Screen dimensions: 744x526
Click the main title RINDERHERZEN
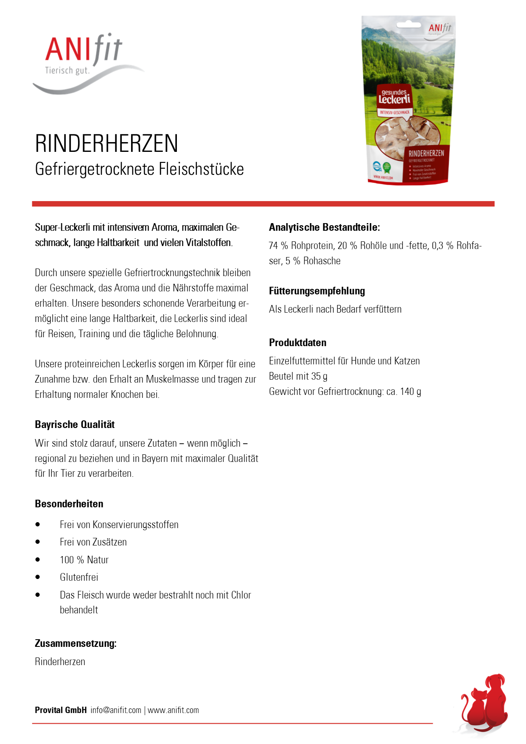pos(106,143)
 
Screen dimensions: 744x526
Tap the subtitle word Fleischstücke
pos(201,169)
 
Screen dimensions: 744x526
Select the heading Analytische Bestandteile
pos(324,227)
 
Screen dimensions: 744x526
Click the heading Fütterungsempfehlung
pos(317,291)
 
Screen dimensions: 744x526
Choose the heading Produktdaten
pos(297,343)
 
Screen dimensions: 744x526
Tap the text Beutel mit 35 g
pos(298,376)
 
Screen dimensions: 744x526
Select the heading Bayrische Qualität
pos(75,425)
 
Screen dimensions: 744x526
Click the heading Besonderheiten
pos(69,504)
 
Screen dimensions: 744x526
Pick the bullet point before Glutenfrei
pos(38,577)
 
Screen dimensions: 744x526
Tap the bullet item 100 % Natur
pos(84,560)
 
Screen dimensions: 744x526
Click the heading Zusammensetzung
pos(76,643)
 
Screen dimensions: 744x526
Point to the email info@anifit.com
pos(116,710)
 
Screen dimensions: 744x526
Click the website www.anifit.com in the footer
pos(173,710)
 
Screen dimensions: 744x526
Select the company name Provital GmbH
pos(61,710)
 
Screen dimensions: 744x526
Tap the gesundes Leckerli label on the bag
pos(394,97)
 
